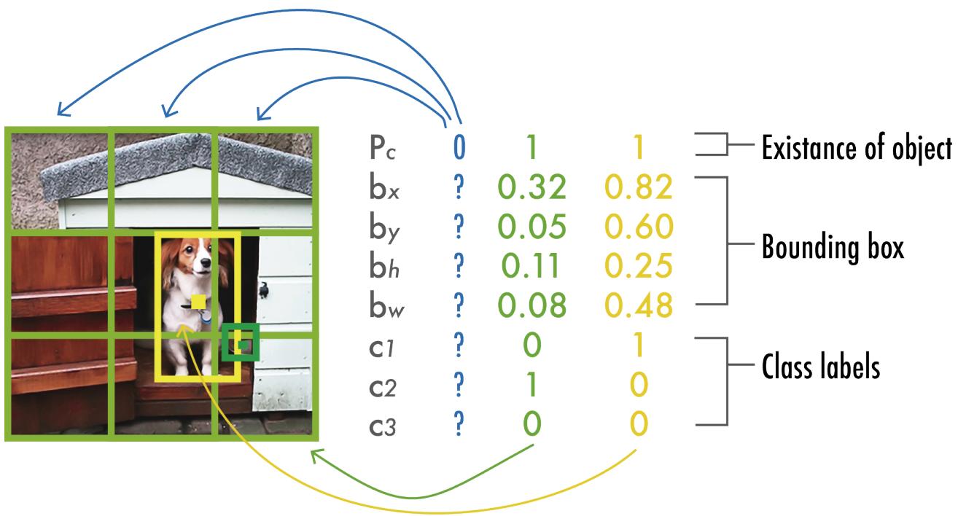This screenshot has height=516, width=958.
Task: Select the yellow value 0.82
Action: click(x=638, y=189)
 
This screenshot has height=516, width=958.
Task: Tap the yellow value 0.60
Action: click(x=638, y=228)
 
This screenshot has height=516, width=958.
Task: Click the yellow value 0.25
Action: click(x=638, y=267)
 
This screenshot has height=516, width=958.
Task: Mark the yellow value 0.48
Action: click(x=638, y=307)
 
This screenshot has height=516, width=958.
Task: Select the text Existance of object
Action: click(x=857, y=149)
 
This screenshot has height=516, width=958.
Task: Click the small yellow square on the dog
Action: click(x=198, y=301)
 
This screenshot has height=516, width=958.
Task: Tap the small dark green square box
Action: click(x=241, y=342)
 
